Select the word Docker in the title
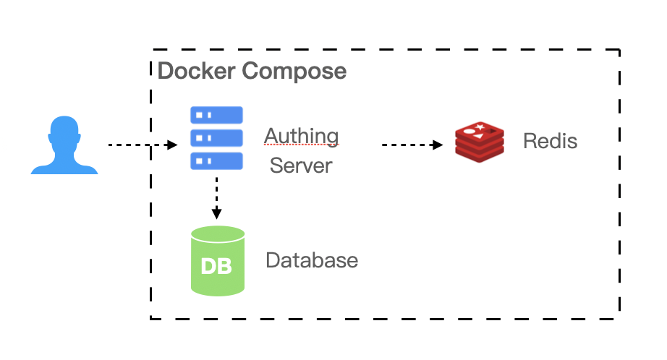(196, 71)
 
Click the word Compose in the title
(294, 72)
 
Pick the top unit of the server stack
(216, 115)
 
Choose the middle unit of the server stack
(216, 138)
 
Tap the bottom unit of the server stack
(216, 161)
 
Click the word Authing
(301, 137)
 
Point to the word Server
(301, 166)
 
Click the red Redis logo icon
(480, 142)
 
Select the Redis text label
(550, 141)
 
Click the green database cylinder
(218, 260)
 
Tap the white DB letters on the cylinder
(216, 267)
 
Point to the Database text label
(312, 260)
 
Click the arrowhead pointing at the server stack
(172, 145)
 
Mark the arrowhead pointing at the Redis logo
(438, 145)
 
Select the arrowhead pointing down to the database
(216, 214)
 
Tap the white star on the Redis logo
(480, 127)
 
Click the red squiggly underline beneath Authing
(301, 145)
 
